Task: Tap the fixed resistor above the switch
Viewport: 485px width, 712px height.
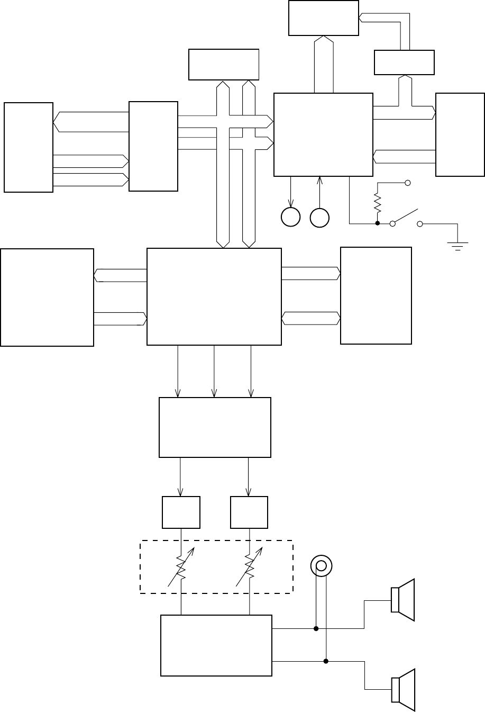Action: click(378, 202)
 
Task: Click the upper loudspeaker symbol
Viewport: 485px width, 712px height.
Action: click(402, 600)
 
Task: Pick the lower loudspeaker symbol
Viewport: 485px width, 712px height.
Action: click(402, 689)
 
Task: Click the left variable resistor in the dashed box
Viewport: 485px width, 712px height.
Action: click(181, 567)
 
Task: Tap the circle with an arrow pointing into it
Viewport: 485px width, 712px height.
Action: click(290, 217)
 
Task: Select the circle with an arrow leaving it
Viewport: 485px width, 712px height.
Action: click(319, 217)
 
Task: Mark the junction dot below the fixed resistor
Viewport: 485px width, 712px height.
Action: click(377, 223)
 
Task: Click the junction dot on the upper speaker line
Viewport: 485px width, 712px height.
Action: click(316, 629)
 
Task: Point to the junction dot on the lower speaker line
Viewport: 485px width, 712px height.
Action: click(326, 661)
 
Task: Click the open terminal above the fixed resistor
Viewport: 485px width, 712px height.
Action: click(408, 183)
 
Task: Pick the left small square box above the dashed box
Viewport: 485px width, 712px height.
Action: click(181, 512)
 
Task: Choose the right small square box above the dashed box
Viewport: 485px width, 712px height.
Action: click(249, 512)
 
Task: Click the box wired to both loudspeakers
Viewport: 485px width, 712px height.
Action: click(216, 645)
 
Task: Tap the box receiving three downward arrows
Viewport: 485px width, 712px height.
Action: click(215, 427)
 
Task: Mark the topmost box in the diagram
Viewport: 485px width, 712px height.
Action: click(323, 18)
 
